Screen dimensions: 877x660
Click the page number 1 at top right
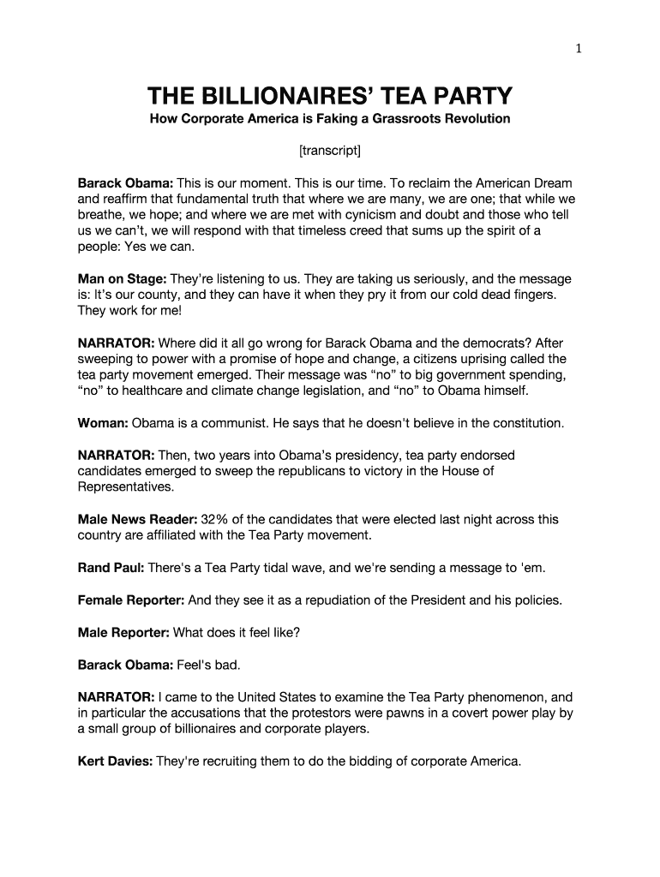pos(579,49)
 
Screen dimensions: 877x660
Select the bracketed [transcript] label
pos(330,152)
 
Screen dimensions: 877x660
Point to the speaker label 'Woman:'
pos(103,423)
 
